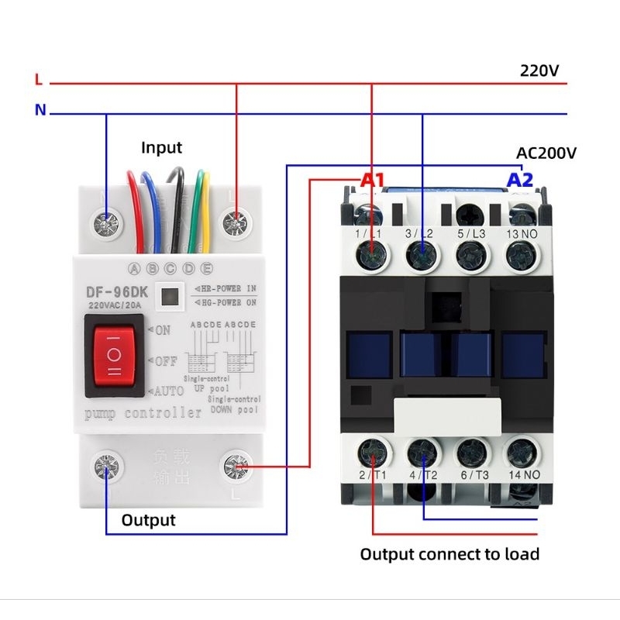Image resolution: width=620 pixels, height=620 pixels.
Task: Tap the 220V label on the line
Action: (x=539, y=71)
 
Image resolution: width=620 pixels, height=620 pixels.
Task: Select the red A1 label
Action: (x=373, y=180)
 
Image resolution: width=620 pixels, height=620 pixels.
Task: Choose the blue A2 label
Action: (x=520, y=180)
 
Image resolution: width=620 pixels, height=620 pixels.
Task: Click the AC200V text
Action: (x=546, y=153)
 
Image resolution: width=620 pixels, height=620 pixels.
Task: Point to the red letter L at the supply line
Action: (x=39, y=80)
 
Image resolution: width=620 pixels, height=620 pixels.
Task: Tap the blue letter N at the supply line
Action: (x=40, y=110)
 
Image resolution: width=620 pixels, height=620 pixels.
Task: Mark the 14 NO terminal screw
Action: (x=520, y=450)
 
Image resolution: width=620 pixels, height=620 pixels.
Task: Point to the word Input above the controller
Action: (x=161, y=147)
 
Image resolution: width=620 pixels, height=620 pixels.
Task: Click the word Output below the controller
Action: (x=148, y=520)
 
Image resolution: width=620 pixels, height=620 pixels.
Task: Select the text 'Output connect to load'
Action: (x=449, y=554)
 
